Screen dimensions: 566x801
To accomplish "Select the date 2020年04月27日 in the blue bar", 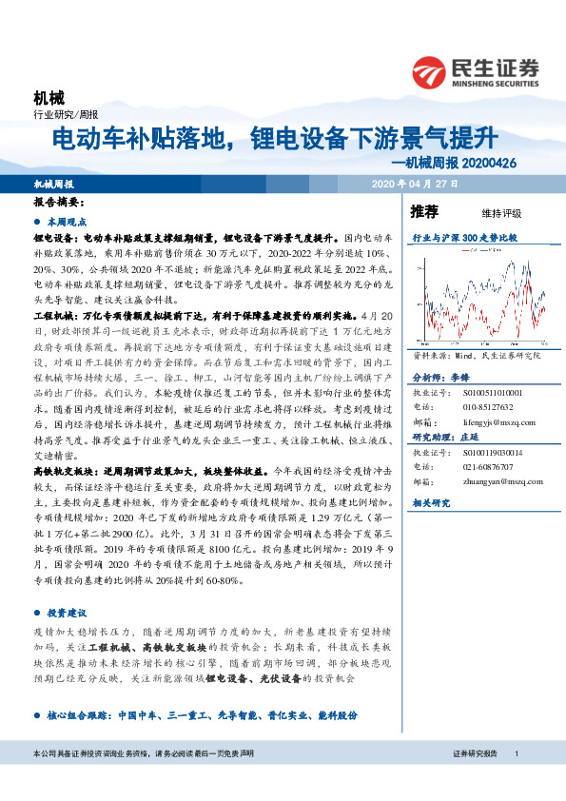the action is (415, 184).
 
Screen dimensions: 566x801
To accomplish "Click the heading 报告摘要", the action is (59, 203).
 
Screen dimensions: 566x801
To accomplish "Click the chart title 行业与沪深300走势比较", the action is (465, 237).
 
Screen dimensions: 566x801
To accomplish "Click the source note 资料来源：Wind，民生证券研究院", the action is (470, 354).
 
